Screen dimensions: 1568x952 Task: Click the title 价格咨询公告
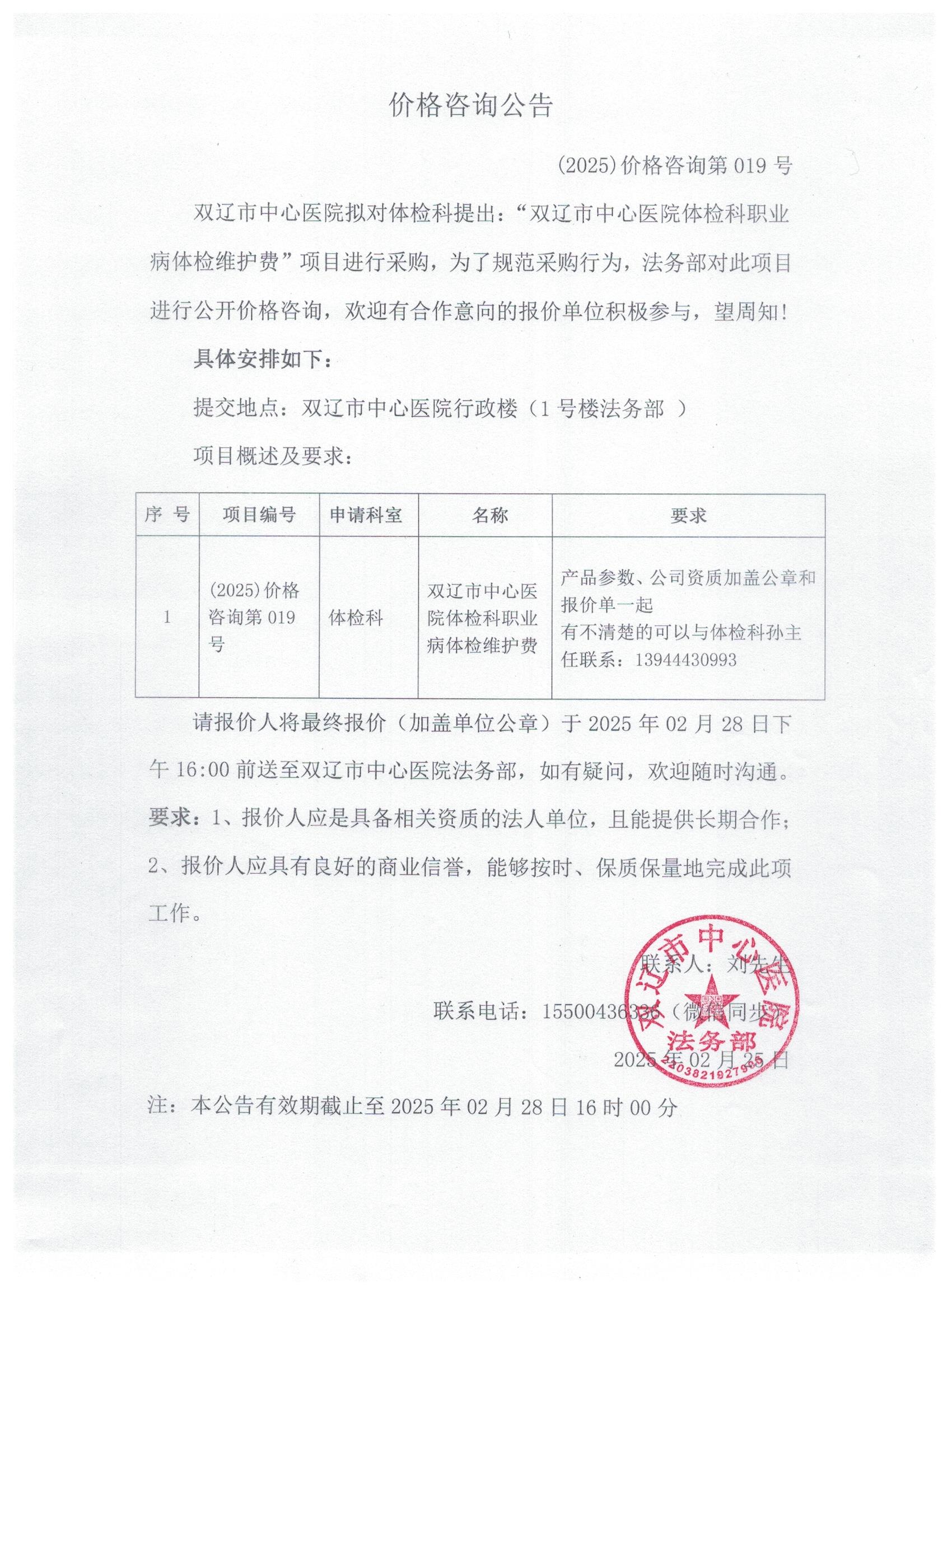(471, 106)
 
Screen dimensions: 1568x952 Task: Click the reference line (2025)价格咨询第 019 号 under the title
(674, 166)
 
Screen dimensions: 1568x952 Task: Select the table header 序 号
(167, 514)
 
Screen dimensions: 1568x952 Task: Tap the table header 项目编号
(259, 514)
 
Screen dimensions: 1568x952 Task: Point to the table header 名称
(489, 515)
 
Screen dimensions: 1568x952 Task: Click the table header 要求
(688, 515)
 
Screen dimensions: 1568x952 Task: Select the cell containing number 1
(167, 617)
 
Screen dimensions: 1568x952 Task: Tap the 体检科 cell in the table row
(356, 617)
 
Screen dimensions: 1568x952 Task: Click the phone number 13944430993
(685, 660)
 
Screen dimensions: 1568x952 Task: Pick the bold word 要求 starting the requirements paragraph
(169, 818)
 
